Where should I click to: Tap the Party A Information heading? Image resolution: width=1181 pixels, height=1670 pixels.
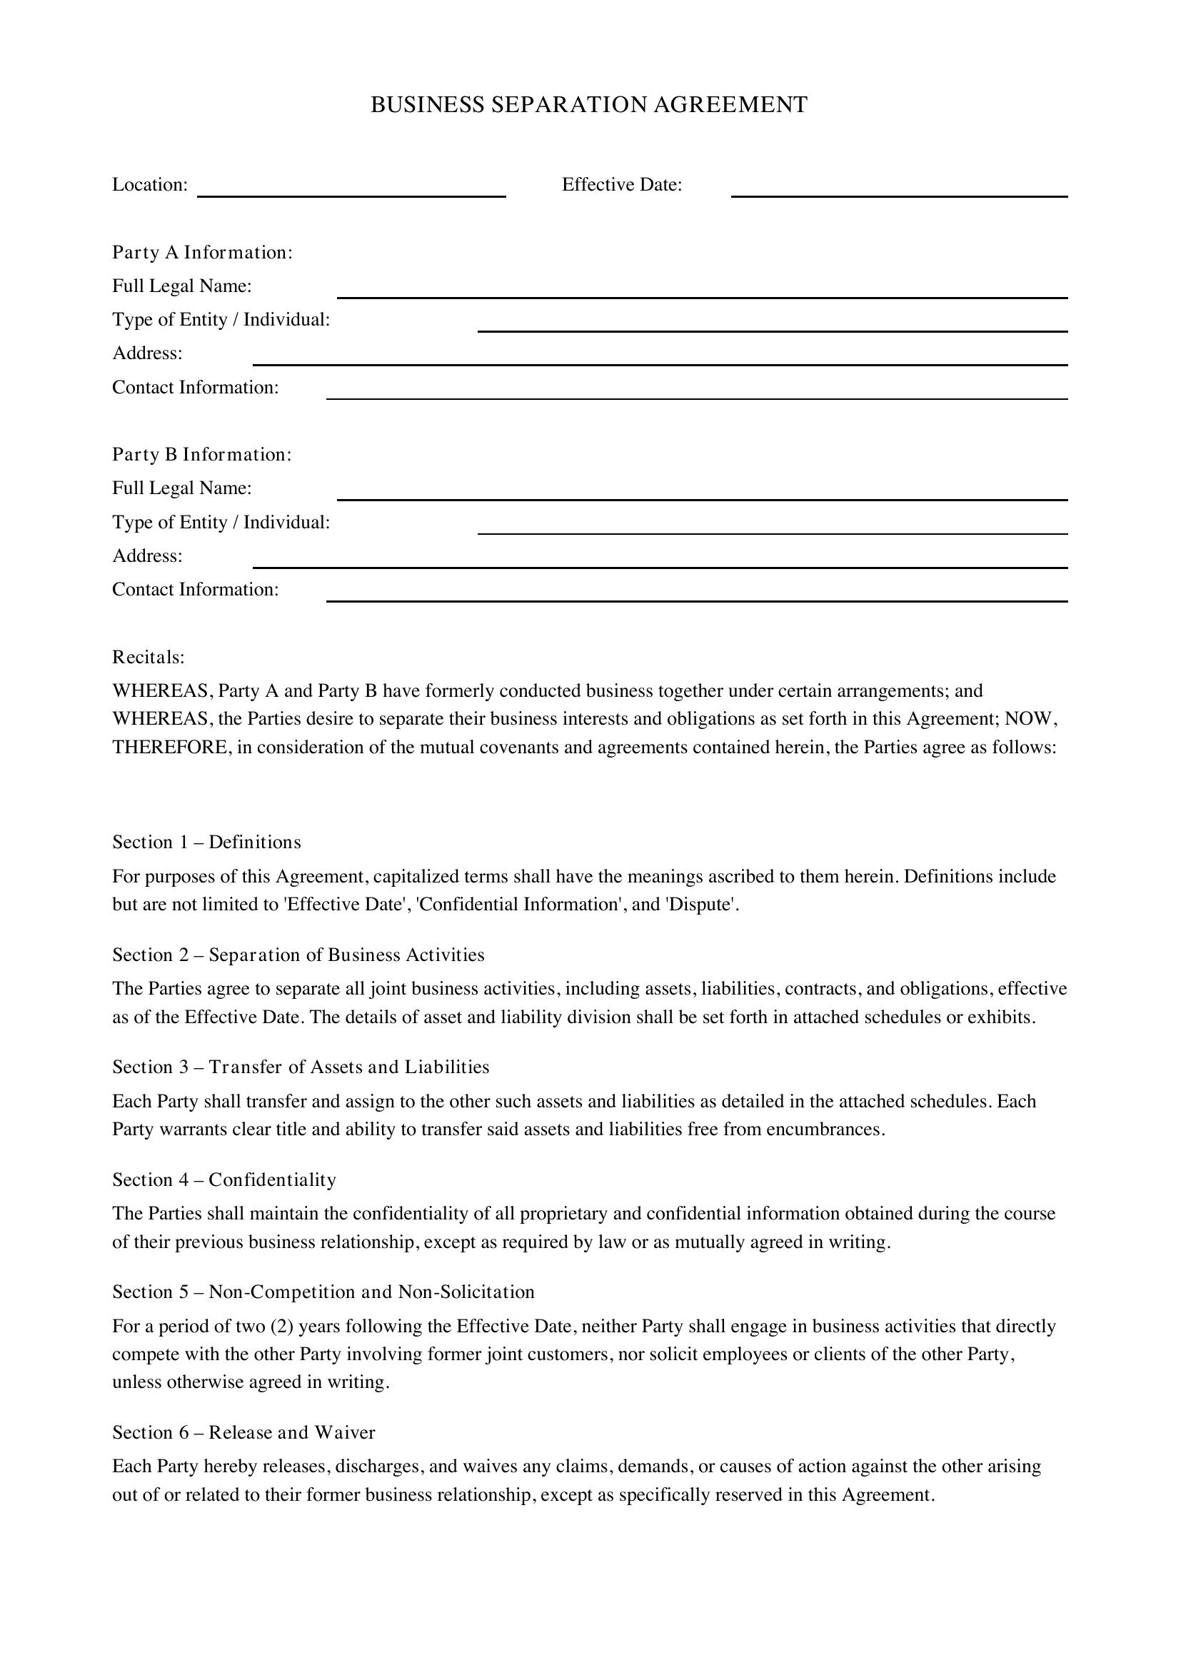202,252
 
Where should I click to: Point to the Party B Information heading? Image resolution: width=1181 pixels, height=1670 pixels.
201,455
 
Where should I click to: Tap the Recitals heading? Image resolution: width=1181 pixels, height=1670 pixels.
149,658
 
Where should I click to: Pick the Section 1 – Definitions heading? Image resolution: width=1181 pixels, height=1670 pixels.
206,842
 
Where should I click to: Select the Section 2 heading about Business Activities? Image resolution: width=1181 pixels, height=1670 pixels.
298,955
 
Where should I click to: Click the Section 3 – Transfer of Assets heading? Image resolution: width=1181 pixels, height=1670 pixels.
301,1067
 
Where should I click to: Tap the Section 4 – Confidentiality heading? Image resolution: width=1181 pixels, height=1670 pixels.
224,1179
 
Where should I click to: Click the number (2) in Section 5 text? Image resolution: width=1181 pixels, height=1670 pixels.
281,1327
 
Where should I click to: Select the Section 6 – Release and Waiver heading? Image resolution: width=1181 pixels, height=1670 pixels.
243,1433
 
